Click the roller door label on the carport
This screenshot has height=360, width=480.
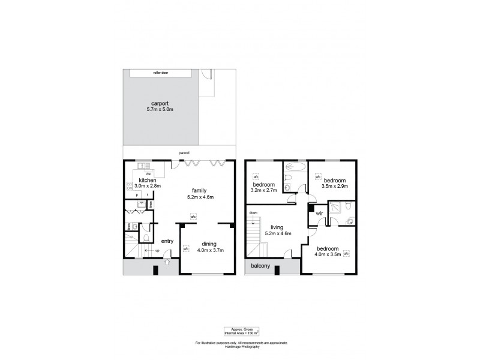coord(161,73)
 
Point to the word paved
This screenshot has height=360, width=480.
coord(184,153)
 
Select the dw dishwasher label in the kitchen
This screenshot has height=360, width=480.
coord(147,173)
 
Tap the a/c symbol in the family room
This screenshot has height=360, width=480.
coord(193,217)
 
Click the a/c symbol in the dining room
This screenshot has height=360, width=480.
coord(186,249)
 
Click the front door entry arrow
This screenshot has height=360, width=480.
coord(167,261)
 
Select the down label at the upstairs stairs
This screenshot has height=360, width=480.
coord(253,212)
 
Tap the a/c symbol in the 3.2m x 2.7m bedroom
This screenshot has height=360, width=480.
coord(256,178)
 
